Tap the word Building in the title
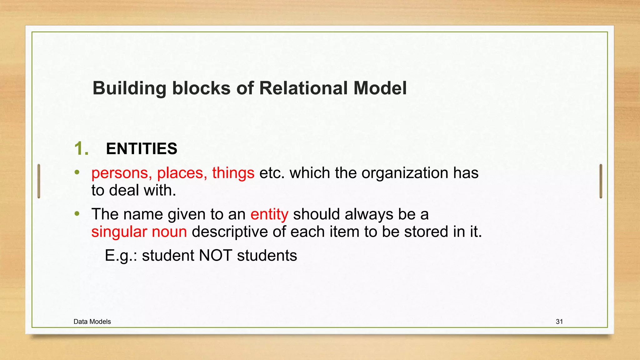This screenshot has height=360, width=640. pos(129,88)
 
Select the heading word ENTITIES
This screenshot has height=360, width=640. pos(142,148)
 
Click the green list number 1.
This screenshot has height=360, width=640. pos(81,148)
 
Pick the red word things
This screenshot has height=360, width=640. pos(233,173)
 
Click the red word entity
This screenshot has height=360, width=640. pos(269,214)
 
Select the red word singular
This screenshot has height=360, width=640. pos(119,232)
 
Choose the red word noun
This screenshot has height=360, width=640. pos(169,232)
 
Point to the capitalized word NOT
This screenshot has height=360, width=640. pos(215,256)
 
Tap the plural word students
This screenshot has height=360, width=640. pos(267,256)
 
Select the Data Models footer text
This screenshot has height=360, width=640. pos(92,322)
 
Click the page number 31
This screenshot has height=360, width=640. pos(559,322)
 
